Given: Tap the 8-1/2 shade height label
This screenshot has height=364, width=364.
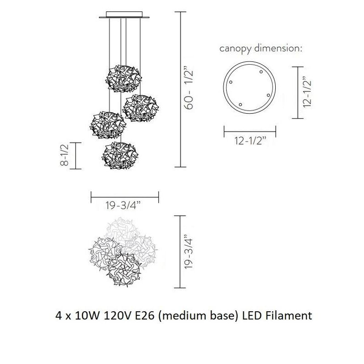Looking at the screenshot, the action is coord(64,155).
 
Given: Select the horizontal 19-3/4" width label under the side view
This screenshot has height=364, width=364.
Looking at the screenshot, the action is coord(123,205).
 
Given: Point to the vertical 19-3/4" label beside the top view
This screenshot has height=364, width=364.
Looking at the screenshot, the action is coord(188,253).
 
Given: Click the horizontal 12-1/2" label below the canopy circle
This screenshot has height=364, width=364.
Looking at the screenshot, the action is coord(251,141).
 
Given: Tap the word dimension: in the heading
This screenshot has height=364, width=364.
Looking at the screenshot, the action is coord(278,48).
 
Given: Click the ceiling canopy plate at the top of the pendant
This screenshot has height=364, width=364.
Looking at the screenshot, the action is coord(124,15).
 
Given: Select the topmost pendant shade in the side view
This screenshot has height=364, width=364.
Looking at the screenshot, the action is coord(123,78).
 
